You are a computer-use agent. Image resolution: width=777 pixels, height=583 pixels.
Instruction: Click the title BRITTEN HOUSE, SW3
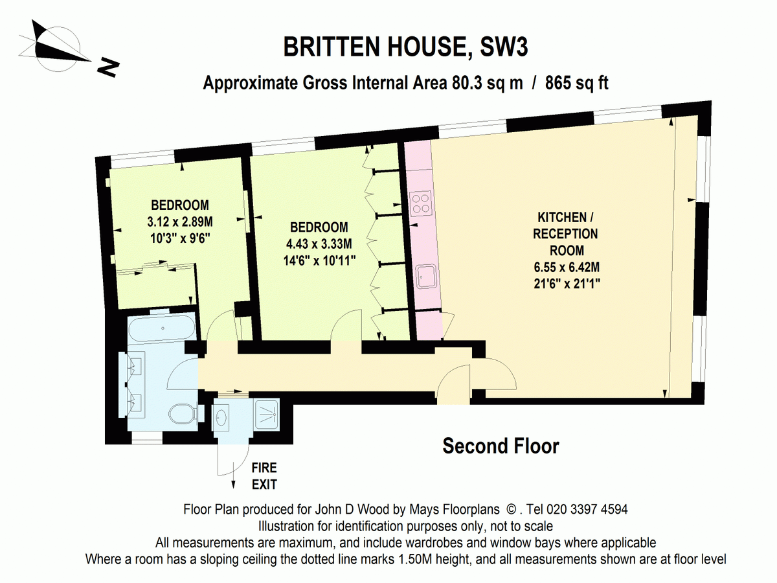[401, 49]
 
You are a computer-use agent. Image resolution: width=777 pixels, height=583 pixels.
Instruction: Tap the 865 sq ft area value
[576, 83]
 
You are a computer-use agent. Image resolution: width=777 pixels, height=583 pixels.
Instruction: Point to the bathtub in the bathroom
[161, 329]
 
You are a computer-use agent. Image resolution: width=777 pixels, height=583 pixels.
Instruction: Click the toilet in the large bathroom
[183, 413]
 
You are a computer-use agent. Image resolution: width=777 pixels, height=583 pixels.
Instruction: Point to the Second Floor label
[501, 446]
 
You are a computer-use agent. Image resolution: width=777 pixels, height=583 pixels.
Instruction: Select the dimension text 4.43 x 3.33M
[319, 244]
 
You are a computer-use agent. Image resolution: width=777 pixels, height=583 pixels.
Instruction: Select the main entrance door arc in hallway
[453, 385]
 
